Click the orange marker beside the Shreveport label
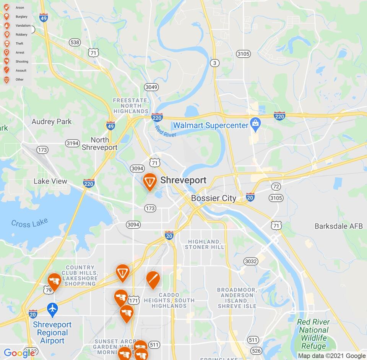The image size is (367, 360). (150, 182)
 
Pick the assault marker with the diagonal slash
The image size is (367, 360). (153, 280)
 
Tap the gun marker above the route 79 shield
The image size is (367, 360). (54, 282)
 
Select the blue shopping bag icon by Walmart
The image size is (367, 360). (255, 123)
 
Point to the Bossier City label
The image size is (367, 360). (213, 198)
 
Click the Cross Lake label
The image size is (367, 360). (29, 223)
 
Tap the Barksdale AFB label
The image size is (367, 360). (338, 226)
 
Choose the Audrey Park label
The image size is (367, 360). (52, 122)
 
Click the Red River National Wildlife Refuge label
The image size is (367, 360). (313, 334)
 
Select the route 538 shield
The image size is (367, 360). (75, 42)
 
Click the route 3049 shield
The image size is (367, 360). (151, 87)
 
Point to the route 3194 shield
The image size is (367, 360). (72, 143)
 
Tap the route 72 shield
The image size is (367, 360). (276, 186)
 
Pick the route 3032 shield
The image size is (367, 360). (251, 261)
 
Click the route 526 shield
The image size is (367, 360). (257, 350)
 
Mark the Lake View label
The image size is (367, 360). (50, 181)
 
